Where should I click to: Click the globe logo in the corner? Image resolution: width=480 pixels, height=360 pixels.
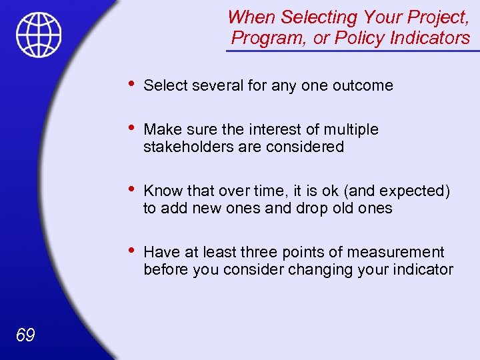tap(39, 35)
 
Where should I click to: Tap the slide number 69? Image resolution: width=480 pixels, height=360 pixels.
tap(25, 335)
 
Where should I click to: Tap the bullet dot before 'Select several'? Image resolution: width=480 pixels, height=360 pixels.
tap(131, 84)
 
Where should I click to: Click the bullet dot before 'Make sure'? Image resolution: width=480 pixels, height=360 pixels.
tap(131, 128)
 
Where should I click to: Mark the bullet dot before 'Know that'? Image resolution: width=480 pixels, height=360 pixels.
tap(131, 189)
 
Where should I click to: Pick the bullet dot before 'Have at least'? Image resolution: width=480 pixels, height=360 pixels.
tap(131, 251)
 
